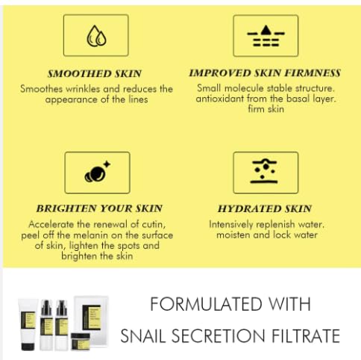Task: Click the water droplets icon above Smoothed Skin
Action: coord(96,36)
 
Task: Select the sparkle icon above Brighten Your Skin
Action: coord(97,173)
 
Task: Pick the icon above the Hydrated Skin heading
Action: coord(265,173)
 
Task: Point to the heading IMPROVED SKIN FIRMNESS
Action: coord(265,73)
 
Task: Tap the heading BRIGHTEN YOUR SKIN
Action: coord(98,208)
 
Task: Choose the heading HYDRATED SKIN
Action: coord(265,208)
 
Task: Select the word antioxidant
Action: coord(225,99)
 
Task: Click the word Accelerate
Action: coord(54,224)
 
